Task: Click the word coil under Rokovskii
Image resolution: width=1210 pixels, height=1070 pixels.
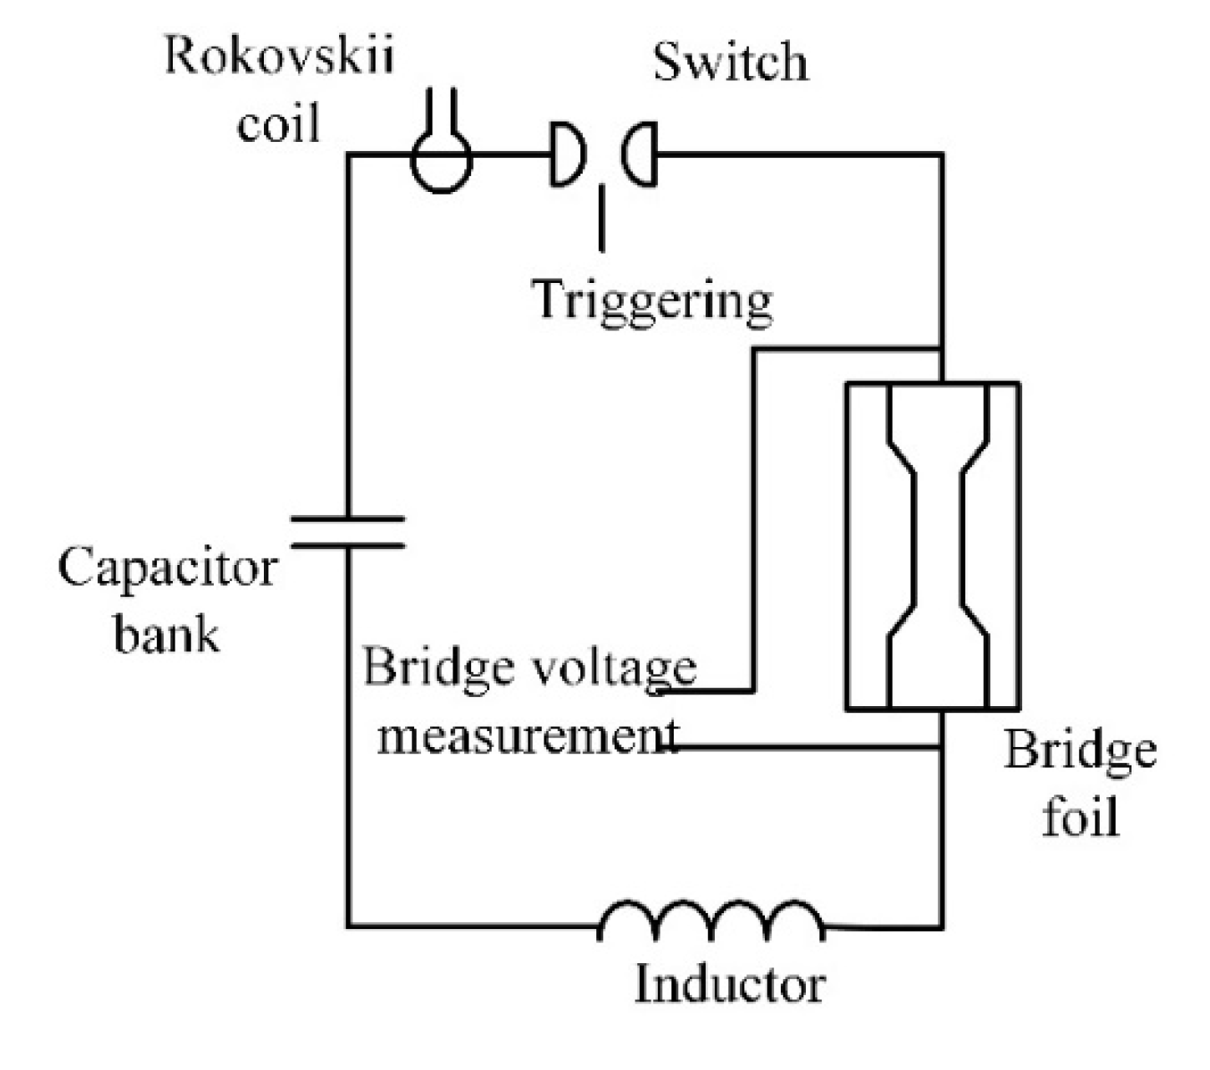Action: pyautogui.click(x=279, y=126)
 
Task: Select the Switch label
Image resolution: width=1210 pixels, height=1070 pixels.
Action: pyautogui.click(x=731, y=63)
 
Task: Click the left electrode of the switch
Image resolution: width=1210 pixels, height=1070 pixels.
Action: pyautogui.click(x=567, y=154)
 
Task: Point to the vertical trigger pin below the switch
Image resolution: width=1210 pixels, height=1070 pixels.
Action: pyautogui.click(x=601, y=219)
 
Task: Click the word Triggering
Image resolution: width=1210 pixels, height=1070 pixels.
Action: pyautogui.click(x=652, y=300)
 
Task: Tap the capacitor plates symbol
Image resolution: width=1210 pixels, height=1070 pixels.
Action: pyautogui.click(x=347, y=532)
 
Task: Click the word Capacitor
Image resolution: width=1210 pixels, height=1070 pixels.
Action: pyautogui.click(x=167, y=569)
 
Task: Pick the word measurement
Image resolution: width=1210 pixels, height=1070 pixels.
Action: pyautogui.click(x=528, y=737)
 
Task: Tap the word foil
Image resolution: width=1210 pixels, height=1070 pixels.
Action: pyautogui.click(x=1080, y=816)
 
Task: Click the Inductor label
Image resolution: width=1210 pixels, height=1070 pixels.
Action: pyautogui.click(x=729, y=985)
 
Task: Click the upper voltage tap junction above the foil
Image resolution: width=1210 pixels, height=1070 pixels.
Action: pyautogui.click(x=943, y=348)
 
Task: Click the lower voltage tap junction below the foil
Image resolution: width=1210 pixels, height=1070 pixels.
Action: pyautogui.click(x=943, y=747)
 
